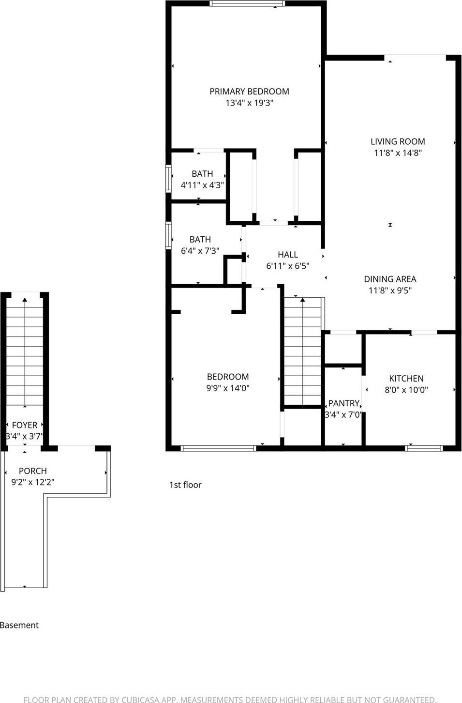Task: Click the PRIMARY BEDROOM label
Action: click(249, 92)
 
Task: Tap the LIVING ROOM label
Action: click(398, 141)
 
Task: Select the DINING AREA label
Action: click(390, 279)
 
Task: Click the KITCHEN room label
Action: click(406, 379)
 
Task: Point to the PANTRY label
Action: click(343, 403)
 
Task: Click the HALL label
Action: click(287, 254)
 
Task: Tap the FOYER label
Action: click(25, 425)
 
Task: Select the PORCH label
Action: click(33, 471)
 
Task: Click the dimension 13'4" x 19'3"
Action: click(249, 103)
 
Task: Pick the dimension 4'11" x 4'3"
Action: click(202, 185)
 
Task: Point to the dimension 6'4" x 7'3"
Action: click(200, 251)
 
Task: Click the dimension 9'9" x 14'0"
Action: click(227, 388)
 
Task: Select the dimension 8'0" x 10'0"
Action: click(406, 390)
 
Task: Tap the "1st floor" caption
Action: click(185, 485)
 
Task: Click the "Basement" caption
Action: click(19, 625)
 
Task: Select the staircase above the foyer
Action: click(25, 353)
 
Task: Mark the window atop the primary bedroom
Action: click(247, 3)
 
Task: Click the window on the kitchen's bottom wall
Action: click(424, 448)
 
